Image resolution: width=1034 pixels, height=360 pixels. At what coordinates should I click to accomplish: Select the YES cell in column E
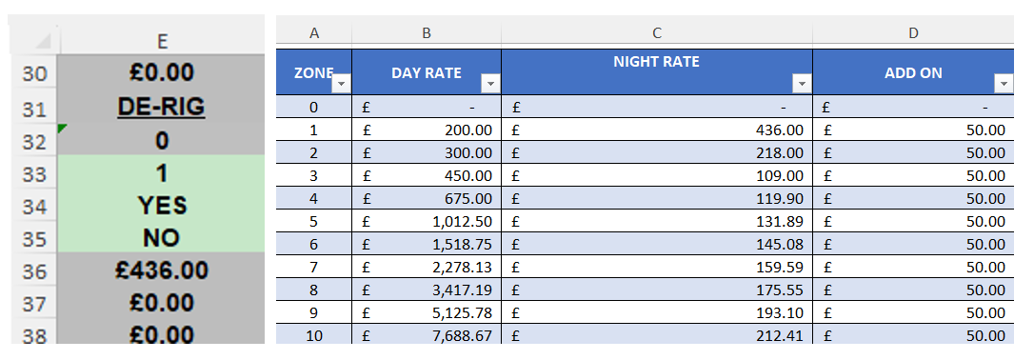coord(161,205)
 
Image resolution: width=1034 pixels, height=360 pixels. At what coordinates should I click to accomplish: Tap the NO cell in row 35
coord(161,238)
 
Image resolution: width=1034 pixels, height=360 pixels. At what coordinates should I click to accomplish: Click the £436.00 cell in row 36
coord(161,270)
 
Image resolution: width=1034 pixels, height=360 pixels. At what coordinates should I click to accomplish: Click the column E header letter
coord(162,40)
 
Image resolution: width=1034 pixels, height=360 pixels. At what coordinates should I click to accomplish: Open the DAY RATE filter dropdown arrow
coord(490,84)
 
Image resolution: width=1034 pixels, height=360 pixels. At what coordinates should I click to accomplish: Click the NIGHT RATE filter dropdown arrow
coord(802,84)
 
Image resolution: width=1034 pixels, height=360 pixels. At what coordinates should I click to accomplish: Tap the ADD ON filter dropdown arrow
coord(1004,84)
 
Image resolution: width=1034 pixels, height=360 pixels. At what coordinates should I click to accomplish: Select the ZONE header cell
coord(314,72)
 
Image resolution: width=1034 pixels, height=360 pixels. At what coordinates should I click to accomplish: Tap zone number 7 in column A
coord(314,267)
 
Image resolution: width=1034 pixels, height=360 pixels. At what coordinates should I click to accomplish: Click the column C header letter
coord(657,33)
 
